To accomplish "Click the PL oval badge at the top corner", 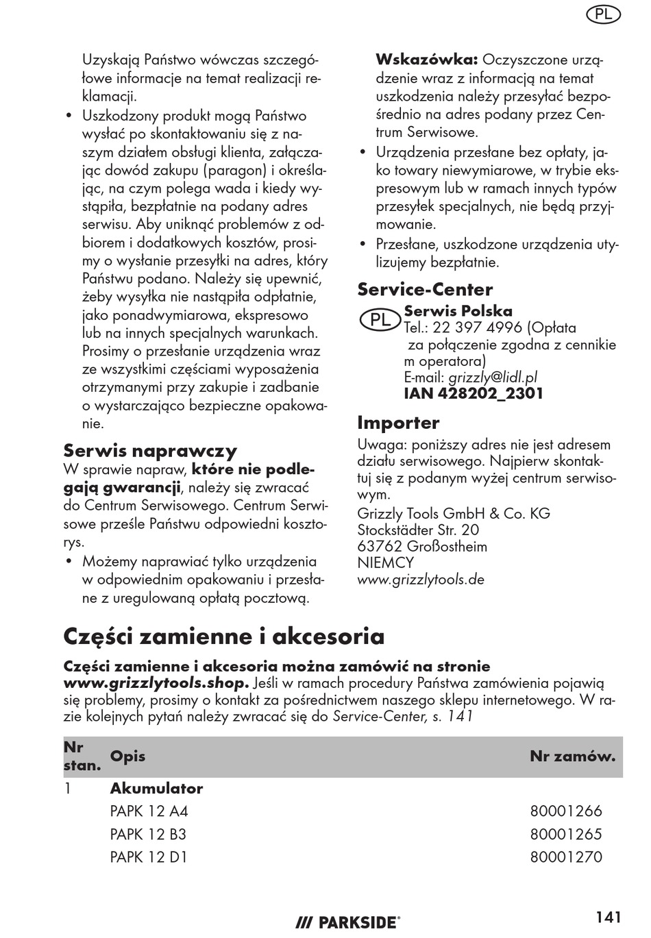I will pos(604,14).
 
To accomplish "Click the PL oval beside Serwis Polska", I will pos(380,319).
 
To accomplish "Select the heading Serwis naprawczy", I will pos(150,450).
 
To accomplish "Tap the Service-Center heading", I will pos(425,289).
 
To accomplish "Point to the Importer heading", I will pos(398,422).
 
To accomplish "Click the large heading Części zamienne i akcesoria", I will pos(224,636).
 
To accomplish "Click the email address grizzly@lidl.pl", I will pos(493,377).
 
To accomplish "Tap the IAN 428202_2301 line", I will pos(474,393).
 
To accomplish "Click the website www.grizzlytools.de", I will pos(421,579).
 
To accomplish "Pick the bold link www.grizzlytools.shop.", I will pos(156,683).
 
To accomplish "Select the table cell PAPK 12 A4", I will pos(149,811).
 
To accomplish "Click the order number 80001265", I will pos(566,835).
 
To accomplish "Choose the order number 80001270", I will pos(566,857).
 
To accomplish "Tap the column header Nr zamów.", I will pos(572,756).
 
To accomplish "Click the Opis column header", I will pos(127,756).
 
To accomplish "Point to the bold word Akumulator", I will pos(156,789).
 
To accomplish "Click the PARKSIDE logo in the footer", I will pos(348,922).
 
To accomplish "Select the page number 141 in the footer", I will pos(609,917).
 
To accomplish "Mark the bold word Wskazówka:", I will pos(426,60).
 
